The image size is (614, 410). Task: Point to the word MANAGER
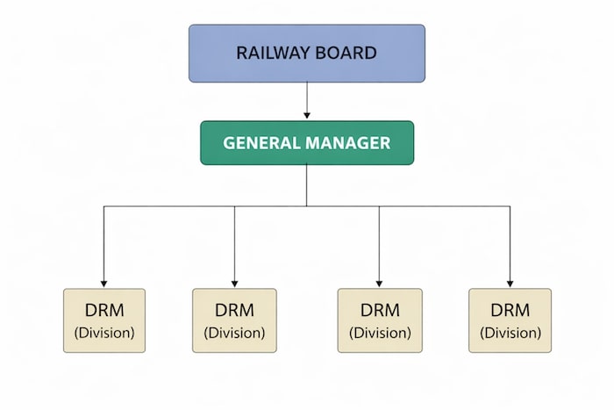(x=347, y=142)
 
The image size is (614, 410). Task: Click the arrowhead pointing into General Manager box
(x=306, y=114)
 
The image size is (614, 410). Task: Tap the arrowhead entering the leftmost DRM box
(x=104, y=282)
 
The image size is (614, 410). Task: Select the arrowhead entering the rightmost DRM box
(x=510, y=282)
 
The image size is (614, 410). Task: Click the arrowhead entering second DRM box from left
(x=234, y=282)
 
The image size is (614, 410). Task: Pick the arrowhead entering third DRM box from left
(x=379, y=282)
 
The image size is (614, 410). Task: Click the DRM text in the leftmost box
(x=104, y=310)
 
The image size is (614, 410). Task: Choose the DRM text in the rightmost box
(x=510, y=310)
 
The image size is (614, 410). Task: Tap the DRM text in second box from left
(x=234, y=310)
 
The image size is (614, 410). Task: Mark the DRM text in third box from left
(x=379, y=310)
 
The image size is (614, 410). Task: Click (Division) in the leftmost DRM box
(x=104, y=333)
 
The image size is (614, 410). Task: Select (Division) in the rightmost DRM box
(x=510, y=333)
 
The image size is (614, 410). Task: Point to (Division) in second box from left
(x=234, y=333)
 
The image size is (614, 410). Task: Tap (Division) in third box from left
(x=379, y=333)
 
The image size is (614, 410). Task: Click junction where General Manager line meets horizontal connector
(x=306, y=206)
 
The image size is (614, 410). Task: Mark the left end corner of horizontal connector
(x=104, y=206)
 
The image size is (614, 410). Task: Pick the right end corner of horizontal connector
(x=510, y=206)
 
